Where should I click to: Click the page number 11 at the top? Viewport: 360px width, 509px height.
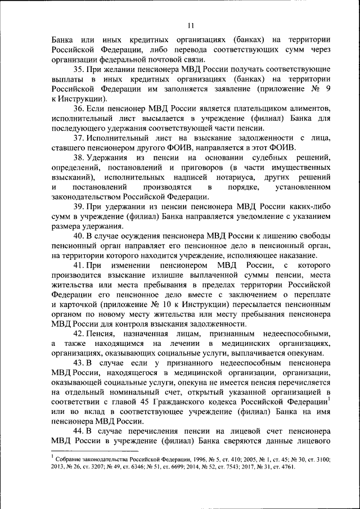pyautogui.click(x=191, y=25)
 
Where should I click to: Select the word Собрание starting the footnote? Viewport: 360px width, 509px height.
pyautogui.click(x=70, y=460)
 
